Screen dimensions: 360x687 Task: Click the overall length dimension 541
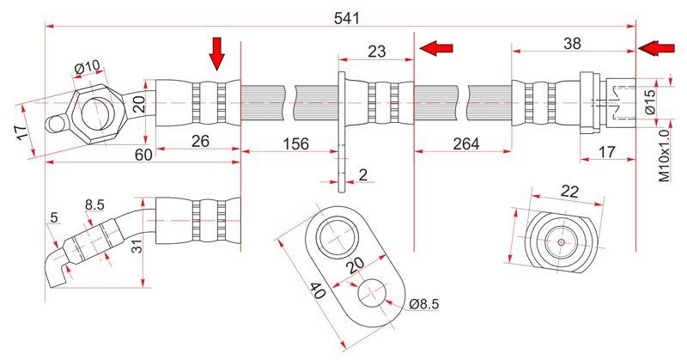pyautogui.click(x=347, y=16)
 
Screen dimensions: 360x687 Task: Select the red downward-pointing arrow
pyautogui.click(x=216, y=52)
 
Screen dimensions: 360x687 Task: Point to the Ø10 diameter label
pyautogui.click(x=87, y=68)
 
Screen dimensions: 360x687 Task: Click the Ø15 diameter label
pyautogui.click(x=651, y=101)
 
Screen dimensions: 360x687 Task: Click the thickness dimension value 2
pyautogui.click(x=362, y=175)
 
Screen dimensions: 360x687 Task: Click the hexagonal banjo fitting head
pyautogui.click(x=95, y=112)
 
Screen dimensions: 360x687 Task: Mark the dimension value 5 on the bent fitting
pyautogui.click(x=54, y=218)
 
